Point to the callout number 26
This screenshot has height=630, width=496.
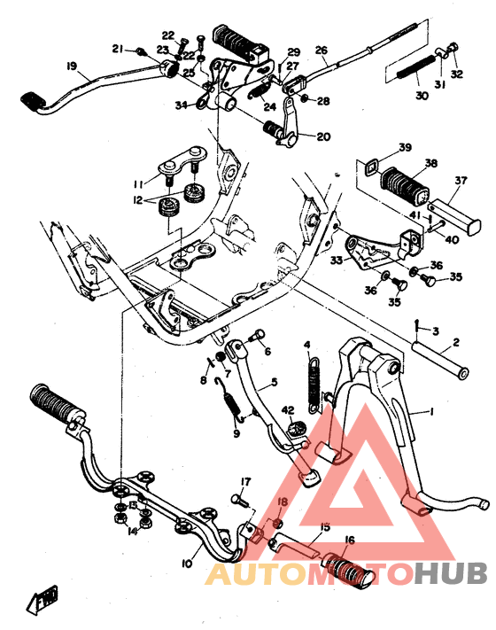click(321, 51)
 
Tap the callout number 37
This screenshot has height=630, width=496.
click(460, 181)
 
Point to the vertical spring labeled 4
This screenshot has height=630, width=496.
click(313, 378)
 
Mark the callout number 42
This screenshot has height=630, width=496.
click(287, 409)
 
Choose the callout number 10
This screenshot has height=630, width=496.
click(187, 564)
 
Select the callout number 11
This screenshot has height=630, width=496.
click(138, 183)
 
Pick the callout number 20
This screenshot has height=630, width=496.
click(322, 136)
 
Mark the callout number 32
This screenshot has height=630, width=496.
click(457, 74)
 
